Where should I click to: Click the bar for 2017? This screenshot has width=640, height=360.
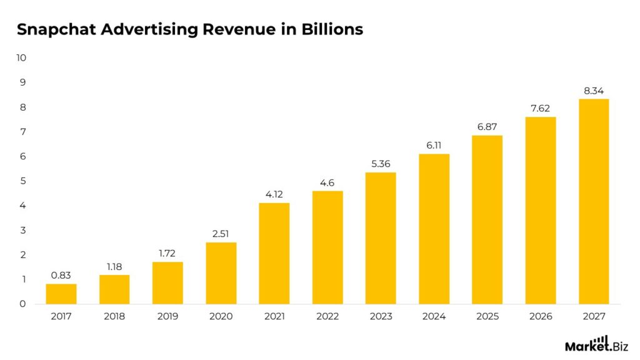click(x=61, y=294)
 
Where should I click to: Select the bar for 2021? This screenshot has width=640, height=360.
click(x=274, y=253)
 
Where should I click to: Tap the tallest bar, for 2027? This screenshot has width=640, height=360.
click(x=594, y=201)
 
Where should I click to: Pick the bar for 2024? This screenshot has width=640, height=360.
click(x=434, y=229)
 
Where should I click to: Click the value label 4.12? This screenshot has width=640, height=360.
click(x=274, y=194)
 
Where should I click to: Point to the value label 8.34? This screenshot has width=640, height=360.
click(x=594, y=91)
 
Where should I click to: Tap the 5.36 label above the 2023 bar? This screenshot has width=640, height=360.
click(x=381, y=164)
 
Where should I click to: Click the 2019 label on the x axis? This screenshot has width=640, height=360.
click(x=167, y=317)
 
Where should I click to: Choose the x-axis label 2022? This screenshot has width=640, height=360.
click(x=327, y=317)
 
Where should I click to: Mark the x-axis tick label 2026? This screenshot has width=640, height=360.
click(x=541, y=317)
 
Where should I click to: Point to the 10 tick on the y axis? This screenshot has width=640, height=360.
click(x=22, y=57)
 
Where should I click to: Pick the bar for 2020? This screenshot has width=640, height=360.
click(x=221, y=273)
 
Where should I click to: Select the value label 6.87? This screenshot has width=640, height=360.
click(x=487, y=127)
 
